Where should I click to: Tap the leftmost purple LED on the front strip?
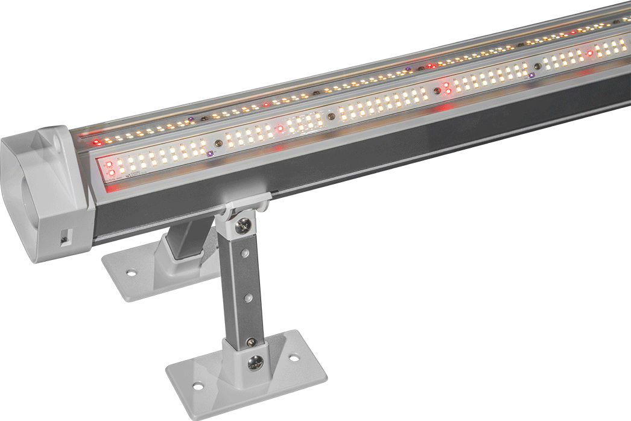tap(210, 154)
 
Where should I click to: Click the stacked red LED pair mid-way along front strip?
tap(447, 87)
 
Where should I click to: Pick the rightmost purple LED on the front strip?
tap(531, 75)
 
